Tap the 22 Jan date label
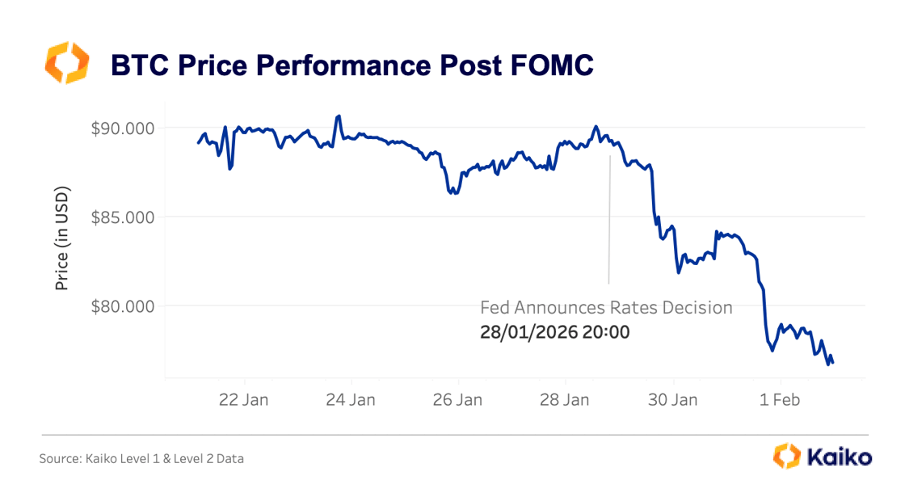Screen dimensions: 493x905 point(245,399)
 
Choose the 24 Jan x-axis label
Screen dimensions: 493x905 point(351,399)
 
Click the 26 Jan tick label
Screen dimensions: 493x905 point(458,399)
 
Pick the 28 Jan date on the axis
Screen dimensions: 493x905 point(566,399)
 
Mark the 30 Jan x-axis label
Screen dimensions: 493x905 point(672,399)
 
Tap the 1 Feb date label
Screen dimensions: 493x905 point(780,399)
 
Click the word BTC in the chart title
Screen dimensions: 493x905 point(137,65)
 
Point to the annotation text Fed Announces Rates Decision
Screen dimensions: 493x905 point(606,308)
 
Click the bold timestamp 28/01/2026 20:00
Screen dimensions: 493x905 point(554,331)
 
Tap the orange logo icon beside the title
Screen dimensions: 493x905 point(65,64)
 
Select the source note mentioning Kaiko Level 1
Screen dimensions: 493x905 point(141,458)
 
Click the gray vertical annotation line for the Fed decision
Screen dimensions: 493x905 point(609,218)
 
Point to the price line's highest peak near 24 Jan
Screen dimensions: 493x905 point(339,116)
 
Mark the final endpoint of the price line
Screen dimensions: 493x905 point(833,362)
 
